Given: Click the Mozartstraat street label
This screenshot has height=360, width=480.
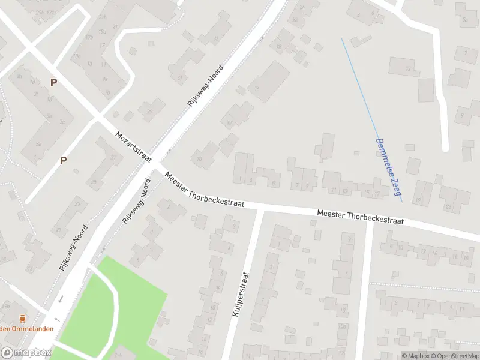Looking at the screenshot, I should click(x=134, y=146).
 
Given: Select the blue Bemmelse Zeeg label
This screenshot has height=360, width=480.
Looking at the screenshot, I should click(x=388, y=169).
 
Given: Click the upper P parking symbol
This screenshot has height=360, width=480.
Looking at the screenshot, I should click(x=53, y=83).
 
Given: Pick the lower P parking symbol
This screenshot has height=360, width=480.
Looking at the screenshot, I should click(x=63, y=160).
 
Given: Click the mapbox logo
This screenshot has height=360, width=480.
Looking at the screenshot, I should click(x=26, y=353).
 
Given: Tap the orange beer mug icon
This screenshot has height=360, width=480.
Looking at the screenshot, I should click(x=23, y=318).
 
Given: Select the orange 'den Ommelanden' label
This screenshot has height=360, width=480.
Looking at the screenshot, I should click(x=26, y=328).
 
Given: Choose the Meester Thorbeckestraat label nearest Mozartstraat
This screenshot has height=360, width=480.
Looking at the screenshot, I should click(x=203, y=190).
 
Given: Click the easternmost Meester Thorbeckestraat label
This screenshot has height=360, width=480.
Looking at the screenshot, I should click(x=359, y=217).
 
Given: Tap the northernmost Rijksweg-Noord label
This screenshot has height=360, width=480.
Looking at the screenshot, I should click(x=205, y=86).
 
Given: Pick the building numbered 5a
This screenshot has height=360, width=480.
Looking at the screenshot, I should click(x=465, y=19).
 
